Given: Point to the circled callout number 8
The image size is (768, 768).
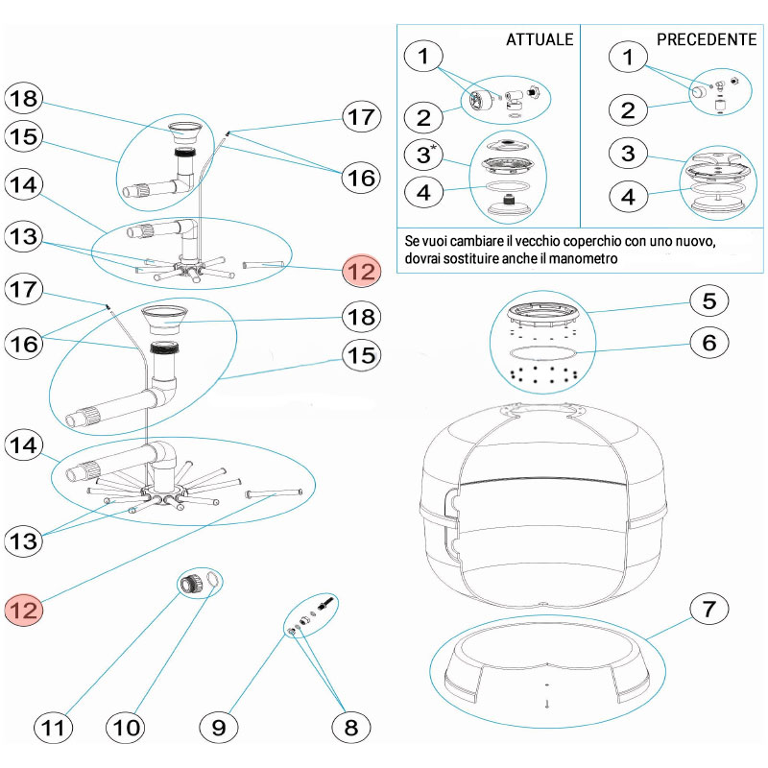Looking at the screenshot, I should [x=349, y=728].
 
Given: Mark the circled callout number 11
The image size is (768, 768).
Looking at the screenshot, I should [x=53, y=728].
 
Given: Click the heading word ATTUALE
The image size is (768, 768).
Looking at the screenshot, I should [x=540, y=39].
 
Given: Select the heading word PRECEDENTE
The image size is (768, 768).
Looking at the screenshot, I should [x=707, y=39].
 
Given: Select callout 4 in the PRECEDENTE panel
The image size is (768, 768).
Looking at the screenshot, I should [x=629, y=198].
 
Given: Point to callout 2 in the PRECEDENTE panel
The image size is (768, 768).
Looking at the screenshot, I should [x=629, y=108].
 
